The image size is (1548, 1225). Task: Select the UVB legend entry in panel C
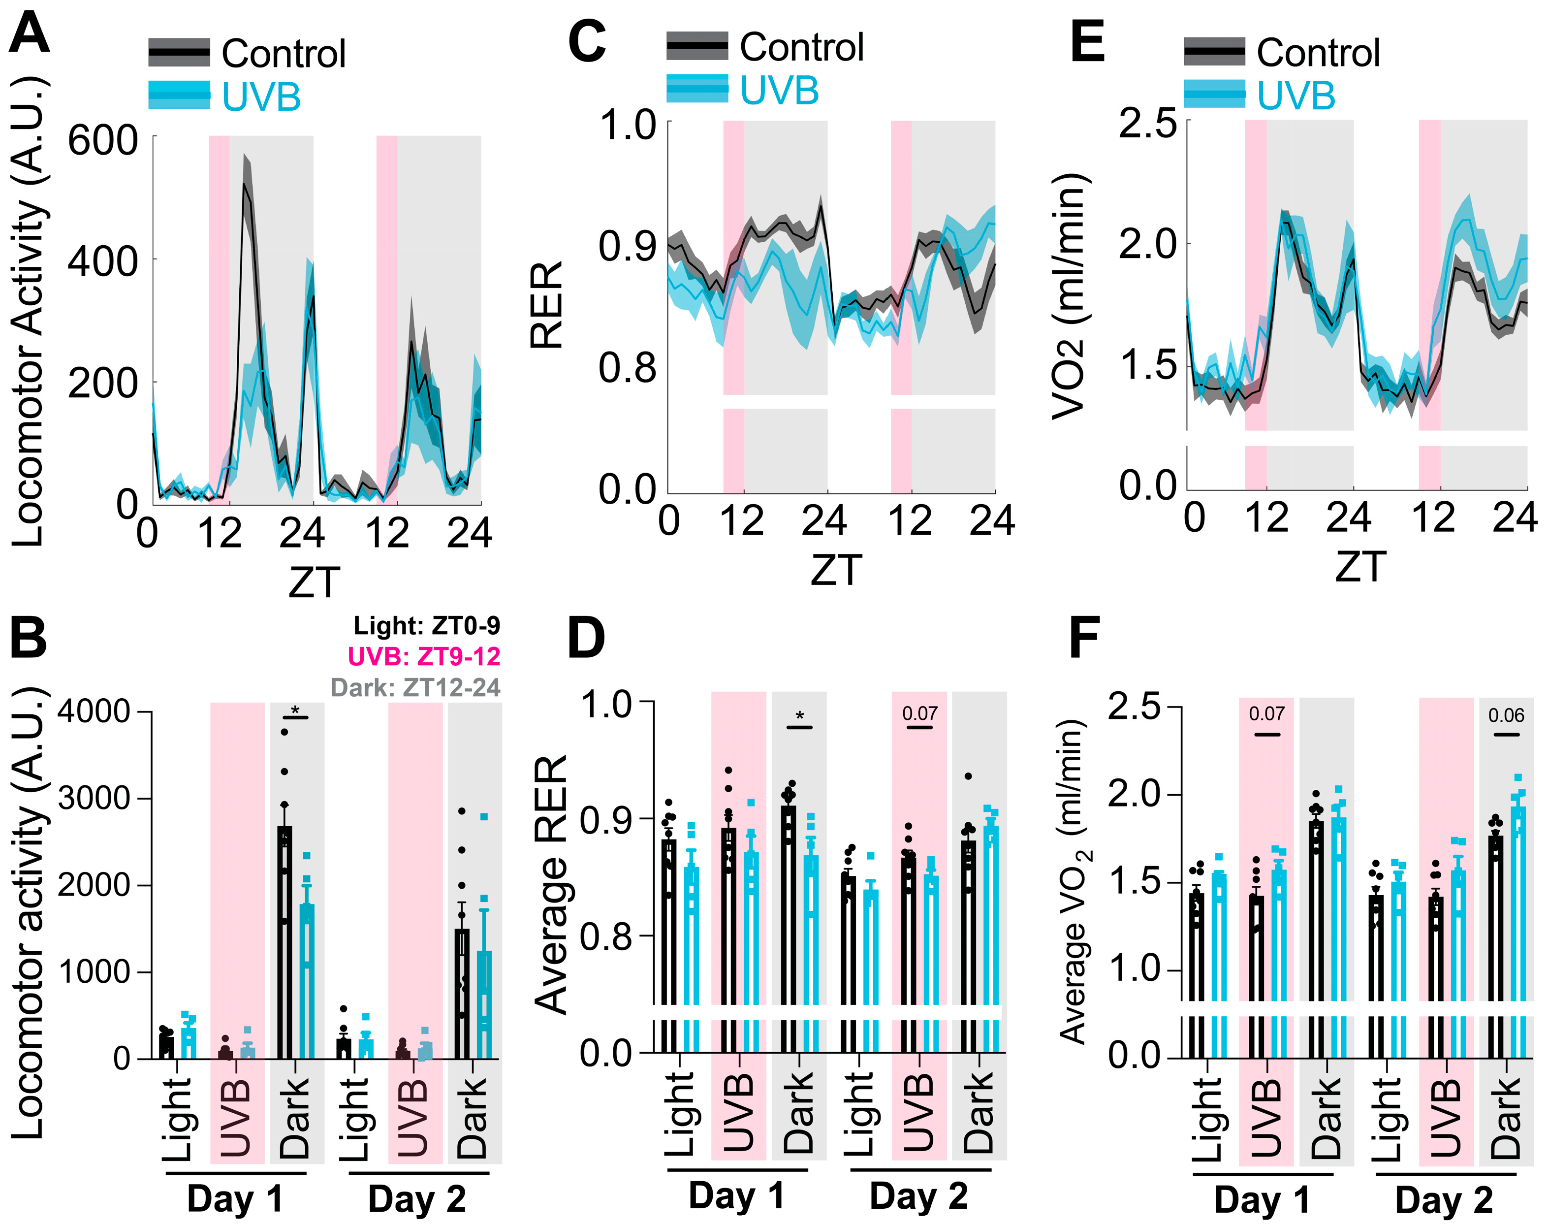point(779,91)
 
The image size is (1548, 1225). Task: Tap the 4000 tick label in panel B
point(94,711)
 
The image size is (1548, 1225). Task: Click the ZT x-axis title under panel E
point(1360,567)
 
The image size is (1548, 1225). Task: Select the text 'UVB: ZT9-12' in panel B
point(424,656)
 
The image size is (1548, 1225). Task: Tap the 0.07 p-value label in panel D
point(919,713)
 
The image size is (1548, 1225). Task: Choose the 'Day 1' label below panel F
point(1262,1199)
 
